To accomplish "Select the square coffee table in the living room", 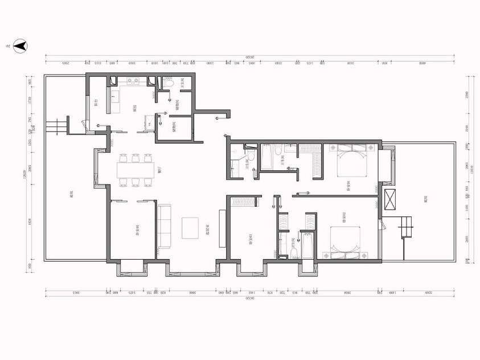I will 190,228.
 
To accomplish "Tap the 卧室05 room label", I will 137,230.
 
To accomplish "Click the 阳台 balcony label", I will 95,103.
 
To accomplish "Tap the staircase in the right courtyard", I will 407,227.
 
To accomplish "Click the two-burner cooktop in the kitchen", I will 133,81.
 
